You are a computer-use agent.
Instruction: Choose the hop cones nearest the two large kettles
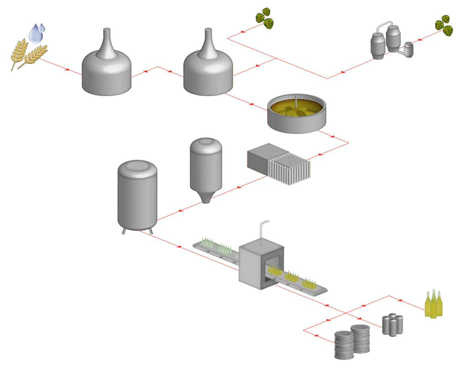(264, 17)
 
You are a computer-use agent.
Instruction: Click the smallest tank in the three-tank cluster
(408, 49)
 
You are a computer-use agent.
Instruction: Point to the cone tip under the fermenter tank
(206, 199)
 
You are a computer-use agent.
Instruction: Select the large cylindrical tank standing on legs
(136, 196)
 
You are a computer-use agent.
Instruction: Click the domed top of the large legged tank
(136, 166)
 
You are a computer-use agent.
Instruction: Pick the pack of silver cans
(392, 324)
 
